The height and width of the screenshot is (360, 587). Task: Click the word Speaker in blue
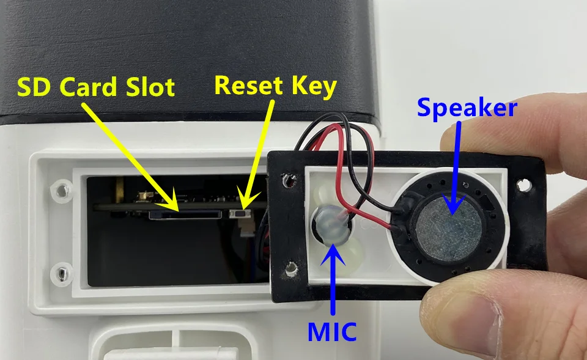pyautogui.click(x=467, y=108)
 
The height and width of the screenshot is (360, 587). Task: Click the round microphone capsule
pyautogui.click(x=330, y=223)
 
